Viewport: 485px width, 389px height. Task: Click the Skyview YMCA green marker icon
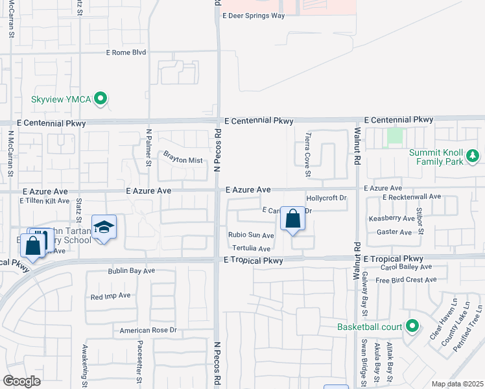point(100,99)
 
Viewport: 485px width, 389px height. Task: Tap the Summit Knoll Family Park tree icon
point(473,156)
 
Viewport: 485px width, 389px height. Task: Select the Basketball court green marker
point(411,326)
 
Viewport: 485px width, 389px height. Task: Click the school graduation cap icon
point(104,227)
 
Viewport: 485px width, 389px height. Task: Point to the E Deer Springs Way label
point(254,16)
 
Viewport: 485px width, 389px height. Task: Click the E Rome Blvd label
point(126,53)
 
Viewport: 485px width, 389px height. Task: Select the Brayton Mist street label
point(183,158)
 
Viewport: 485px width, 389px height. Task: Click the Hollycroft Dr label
point(327,198)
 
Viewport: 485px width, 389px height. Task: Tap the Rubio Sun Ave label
point(251,235)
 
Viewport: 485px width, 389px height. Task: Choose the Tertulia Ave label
point(250,248)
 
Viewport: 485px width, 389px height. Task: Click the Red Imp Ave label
point(111,296)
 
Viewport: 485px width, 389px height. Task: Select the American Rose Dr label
point(148,330)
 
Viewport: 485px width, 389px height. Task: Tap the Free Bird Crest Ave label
point(406,280)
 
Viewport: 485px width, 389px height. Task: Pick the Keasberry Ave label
point(390,219)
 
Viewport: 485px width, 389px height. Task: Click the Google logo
point(21,381)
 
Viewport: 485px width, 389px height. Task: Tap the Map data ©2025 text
point(457,384)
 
